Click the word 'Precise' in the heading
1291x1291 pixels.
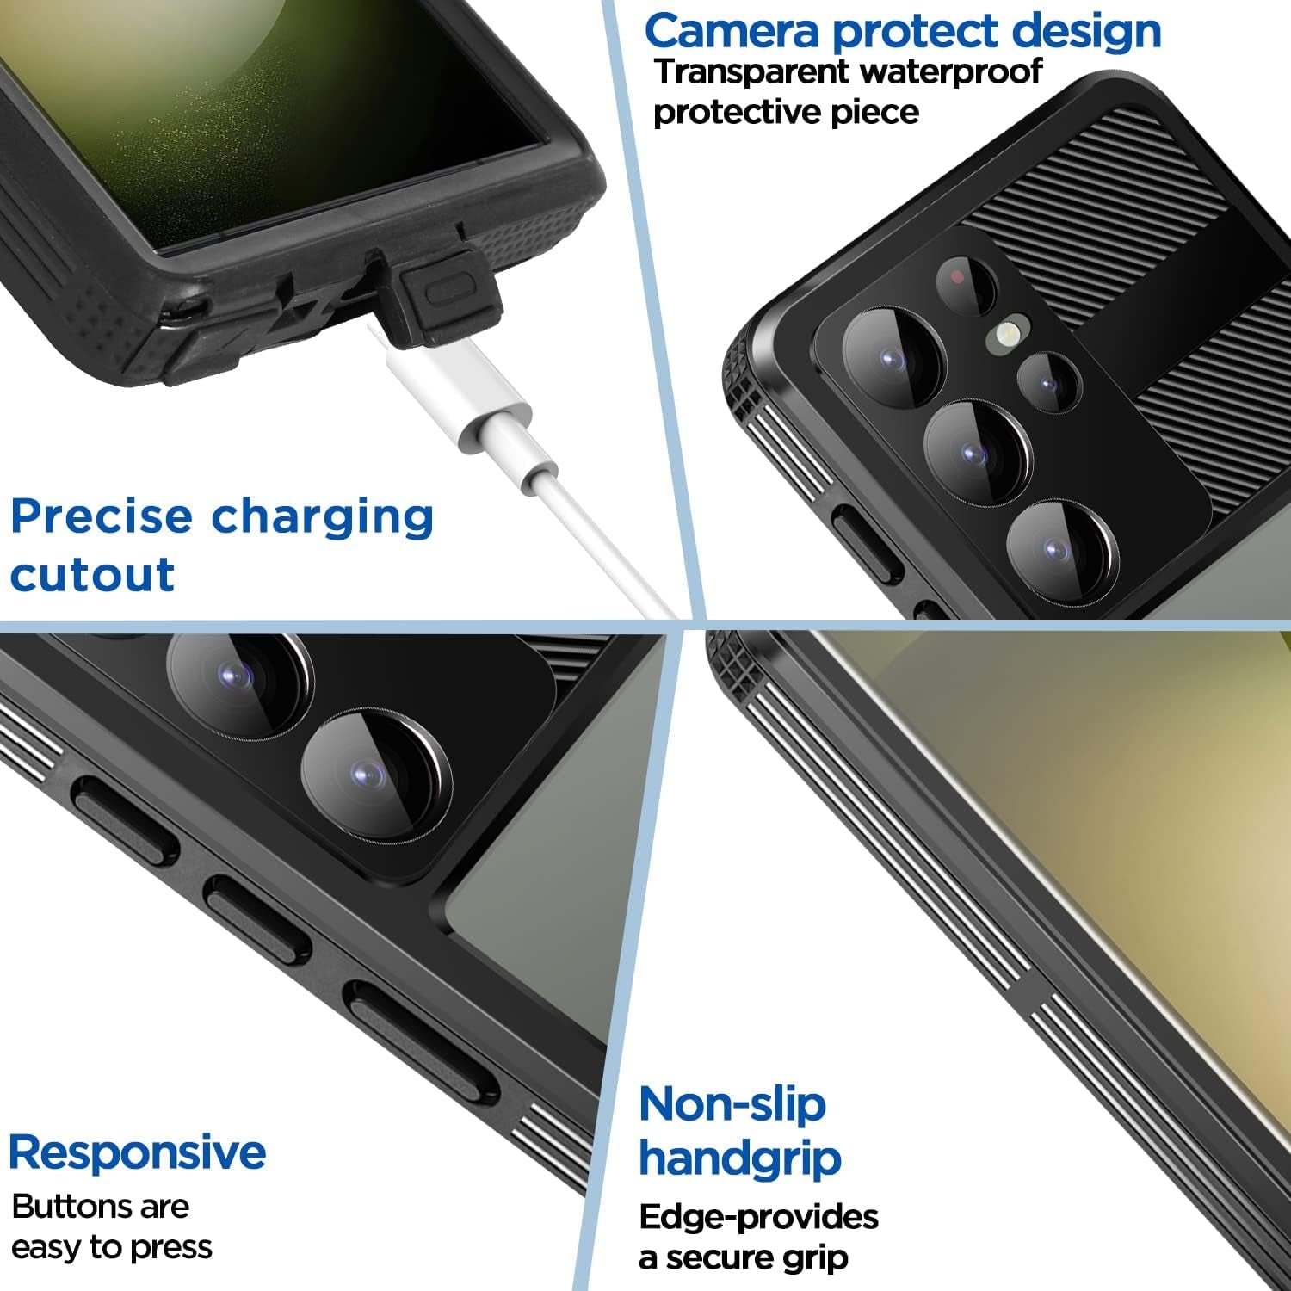tap(102, 517)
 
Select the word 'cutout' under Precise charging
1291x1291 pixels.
tap(92, 575)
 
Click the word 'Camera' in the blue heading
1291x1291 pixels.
tap(732, 32)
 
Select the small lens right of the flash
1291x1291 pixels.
tap(1047, 381)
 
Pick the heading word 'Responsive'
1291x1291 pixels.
tap(137, 1152)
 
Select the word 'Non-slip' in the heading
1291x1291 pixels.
tap(732, 1104)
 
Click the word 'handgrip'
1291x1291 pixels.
tap(739, 1158)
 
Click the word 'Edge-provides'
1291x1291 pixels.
tap(758, 1217)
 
